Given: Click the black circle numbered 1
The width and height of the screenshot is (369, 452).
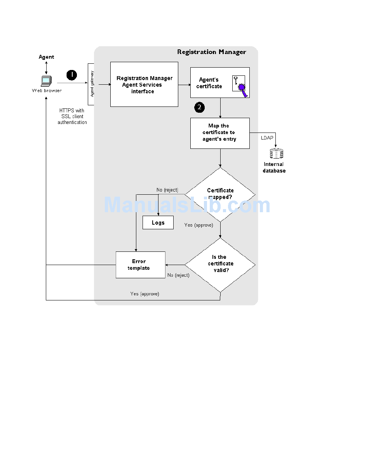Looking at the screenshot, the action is (x=72, y=75).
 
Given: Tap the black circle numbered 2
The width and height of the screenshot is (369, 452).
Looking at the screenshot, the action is (x=199, y=107).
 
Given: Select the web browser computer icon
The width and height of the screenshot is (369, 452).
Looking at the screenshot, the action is (x=46, y=81).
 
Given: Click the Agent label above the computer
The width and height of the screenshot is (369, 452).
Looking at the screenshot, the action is (x=46, y=57).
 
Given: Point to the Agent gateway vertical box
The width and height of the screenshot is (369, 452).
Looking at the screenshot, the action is (x=91, y=84).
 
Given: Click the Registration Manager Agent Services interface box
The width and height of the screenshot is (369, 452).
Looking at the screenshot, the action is (x=144, y=84).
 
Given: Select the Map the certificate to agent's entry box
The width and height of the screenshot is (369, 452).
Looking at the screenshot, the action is (x=220, y=133).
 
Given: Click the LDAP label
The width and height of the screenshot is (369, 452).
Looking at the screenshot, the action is (x=267, y=138).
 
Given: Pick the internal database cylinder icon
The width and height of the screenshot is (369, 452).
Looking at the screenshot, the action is (x=277, y=154).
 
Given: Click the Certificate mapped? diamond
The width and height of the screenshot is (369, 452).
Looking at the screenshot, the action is (x=220, y=195).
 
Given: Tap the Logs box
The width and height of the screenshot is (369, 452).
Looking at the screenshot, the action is (x=158, y=223).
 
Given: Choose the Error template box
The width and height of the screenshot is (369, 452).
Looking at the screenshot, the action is (x=141, y=265).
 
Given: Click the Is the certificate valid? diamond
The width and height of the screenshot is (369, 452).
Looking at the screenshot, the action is (x=220, y=265).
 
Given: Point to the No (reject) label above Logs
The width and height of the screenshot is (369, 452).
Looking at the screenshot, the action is (x=167, y=190).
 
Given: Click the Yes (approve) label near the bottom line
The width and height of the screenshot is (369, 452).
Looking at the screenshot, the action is (x=144, y=294).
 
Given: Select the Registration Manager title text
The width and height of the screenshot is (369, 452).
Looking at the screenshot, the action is (x=212, y=52).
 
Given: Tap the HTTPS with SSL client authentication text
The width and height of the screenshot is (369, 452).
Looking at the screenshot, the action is (x=72, y=116).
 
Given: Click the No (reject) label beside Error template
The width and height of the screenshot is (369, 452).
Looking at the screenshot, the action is (x=179, y=275).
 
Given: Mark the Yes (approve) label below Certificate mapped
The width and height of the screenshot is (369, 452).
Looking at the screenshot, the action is (x=199, y=225).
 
